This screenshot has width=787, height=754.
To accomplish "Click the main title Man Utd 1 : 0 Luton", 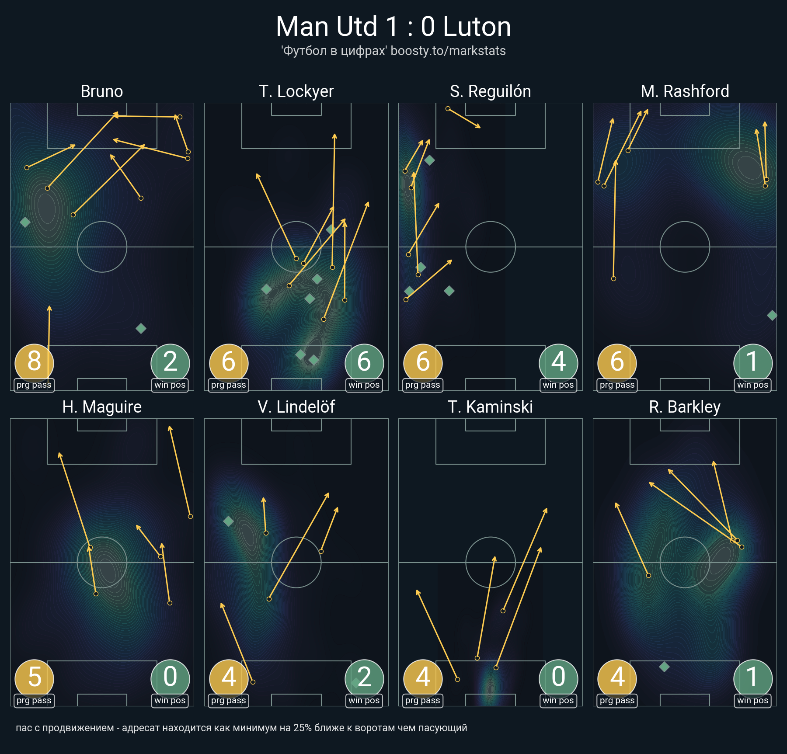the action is [x=393, y=27].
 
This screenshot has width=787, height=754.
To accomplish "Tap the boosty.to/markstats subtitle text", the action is [x=448, y=51].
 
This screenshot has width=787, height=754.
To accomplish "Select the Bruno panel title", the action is [x=102, y=91].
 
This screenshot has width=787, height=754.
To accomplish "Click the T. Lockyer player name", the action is [x=296, y=91].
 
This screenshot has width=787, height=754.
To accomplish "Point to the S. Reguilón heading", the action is [x=491, y=91].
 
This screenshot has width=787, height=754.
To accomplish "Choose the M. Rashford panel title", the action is [x=685, y=91].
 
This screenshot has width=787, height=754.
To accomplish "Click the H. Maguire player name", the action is [x=102, y=407].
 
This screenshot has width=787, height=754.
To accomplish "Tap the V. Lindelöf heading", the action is [x=296, y=407].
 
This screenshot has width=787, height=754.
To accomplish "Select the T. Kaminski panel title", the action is [x=491, y=407].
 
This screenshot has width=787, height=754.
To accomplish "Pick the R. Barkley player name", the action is [x=685, y=407].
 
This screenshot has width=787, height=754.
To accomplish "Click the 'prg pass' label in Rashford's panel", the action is [x=617, y=385].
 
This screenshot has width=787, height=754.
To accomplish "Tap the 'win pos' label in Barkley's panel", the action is [x=752, y=701].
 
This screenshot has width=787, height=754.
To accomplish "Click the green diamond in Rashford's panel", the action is [x=772, y=315].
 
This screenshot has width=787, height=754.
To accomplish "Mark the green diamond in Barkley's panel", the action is [x=664, y=667].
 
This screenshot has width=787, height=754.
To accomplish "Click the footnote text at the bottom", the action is [x=241, y=728].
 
